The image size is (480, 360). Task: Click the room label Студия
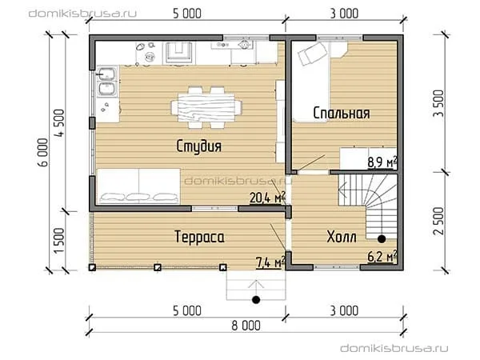[199, 146]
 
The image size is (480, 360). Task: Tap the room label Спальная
[342, 113]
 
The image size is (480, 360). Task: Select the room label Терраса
[199, 237]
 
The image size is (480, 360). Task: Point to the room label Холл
[342, 237]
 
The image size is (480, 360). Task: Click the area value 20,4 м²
[268, 198]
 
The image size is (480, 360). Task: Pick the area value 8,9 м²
[382, 162]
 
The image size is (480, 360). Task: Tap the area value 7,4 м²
[270, 262]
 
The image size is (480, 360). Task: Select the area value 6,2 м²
[382, 257]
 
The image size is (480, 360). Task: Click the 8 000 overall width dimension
[246, 326]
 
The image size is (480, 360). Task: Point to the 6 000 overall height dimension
[43, 152]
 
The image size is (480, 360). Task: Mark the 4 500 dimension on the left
[59, 122]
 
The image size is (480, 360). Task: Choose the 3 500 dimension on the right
[438, 103]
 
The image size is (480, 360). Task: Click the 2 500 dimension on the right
[438, 221]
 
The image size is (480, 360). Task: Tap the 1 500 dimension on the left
[59, 240]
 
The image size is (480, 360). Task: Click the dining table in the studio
[206, 107]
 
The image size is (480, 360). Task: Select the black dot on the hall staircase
[382, 239]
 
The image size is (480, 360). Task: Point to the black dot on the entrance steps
[256, 299]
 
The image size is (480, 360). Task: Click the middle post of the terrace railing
[158, 267]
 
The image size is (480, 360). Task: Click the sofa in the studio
[138, 186]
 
